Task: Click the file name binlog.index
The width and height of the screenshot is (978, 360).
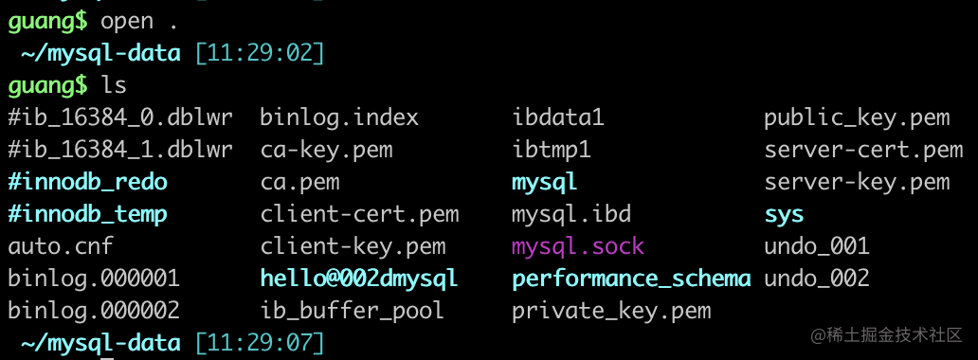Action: tap(339, 117)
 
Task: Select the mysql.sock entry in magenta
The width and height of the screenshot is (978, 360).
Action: tap(577, 246)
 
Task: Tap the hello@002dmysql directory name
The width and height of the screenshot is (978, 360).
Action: tap(358, 279)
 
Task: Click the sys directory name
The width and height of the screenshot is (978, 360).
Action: tap(784, 215)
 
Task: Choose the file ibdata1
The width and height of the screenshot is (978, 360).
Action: tap(558, 117)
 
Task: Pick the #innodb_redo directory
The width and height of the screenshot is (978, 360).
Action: tap(88, 182)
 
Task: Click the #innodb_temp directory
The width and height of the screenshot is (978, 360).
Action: tap(88, 215)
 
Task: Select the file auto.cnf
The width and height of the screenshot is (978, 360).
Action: tap(61, 246)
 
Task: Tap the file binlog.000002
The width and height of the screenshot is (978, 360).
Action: tap(94, 310)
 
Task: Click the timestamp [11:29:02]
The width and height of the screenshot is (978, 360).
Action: tap(260, 54)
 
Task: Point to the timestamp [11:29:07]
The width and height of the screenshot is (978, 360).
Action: tap(260, 343)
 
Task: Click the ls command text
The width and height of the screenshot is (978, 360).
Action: tap(114, 85)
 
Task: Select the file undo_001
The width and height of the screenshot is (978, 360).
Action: tap(817, 246)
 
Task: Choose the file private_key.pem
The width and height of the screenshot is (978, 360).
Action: tap(611, 311)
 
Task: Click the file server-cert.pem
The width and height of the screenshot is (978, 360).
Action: tap(864, 151)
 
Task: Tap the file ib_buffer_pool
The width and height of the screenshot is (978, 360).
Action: tap(352, 311)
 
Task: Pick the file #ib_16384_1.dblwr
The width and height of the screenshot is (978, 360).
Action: tap(120, 150)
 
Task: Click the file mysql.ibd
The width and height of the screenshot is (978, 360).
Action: tap(571, 215)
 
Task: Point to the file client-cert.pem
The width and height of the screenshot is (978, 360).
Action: tap(359, 215)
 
